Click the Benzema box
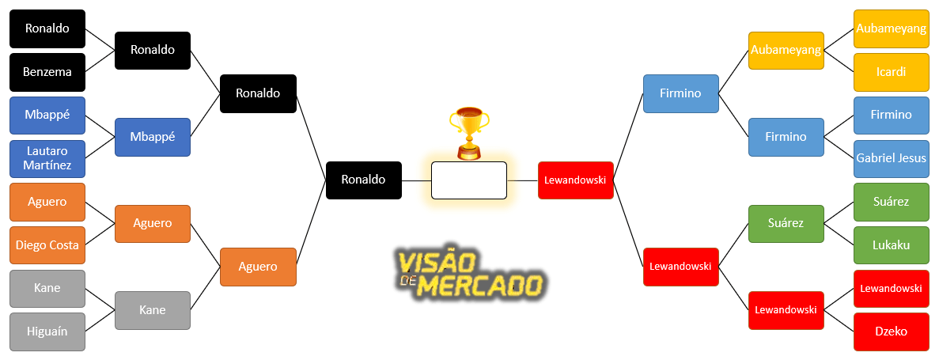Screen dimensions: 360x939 tap(47, 72)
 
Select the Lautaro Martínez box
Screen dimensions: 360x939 tap(47, 158)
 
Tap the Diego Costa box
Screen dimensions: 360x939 tap(47, 245)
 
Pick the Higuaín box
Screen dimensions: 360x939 tap(47, 332)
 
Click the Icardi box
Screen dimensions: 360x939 tap(891, 72)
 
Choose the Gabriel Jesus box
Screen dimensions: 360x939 tap(891, 158)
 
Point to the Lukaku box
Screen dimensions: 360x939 tap(891, 245)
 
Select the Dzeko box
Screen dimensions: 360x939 tap(891, 332)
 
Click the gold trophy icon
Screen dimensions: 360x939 tap(468, 133)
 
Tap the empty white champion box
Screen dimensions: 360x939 tap(468, 180)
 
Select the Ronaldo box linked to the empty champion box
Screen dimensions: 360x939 tap(363, 180)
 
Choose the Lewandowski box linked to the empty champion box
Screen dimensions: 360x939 tap(575, 180)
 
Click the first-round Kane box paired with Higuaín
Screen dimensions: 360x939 tap(47, 288)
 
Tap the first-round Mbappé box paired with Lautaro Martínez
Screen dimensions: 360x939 tap(47, 115)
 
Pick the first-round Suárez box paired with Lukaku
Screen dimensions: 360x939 tap(891, 202)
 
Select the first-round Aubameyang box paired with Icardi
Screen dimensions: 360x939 tap(891, 28)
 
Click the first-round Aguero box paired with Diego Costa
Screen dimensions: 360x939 tap(47, 202)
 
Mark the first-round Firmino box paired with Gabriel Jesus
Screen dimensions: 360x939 tap(891, 115)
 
